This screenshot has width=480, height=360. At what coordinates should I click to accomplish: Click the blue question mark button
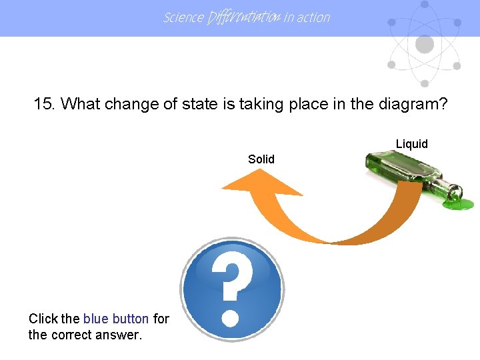click(232, 290)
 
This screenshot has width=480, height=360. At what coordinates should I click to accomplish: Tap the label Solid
click(261, 159)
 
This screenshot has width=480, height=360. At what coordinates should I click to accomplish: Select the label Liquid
click(412, 144)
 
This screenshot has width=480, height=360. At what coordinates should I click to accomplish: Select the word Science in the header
click(183, 18)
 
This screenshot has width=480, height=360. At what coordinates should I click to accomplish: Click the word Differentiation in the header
click(244, 18)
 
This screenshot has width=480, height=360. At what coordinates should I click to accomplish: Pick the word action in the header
click(313, 18)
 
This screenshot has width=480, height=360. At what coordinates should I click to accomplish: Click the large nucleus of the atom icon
click(425, 45)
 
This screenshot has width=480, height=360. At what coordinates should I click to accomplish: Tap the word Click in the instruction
click(43, 319)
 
